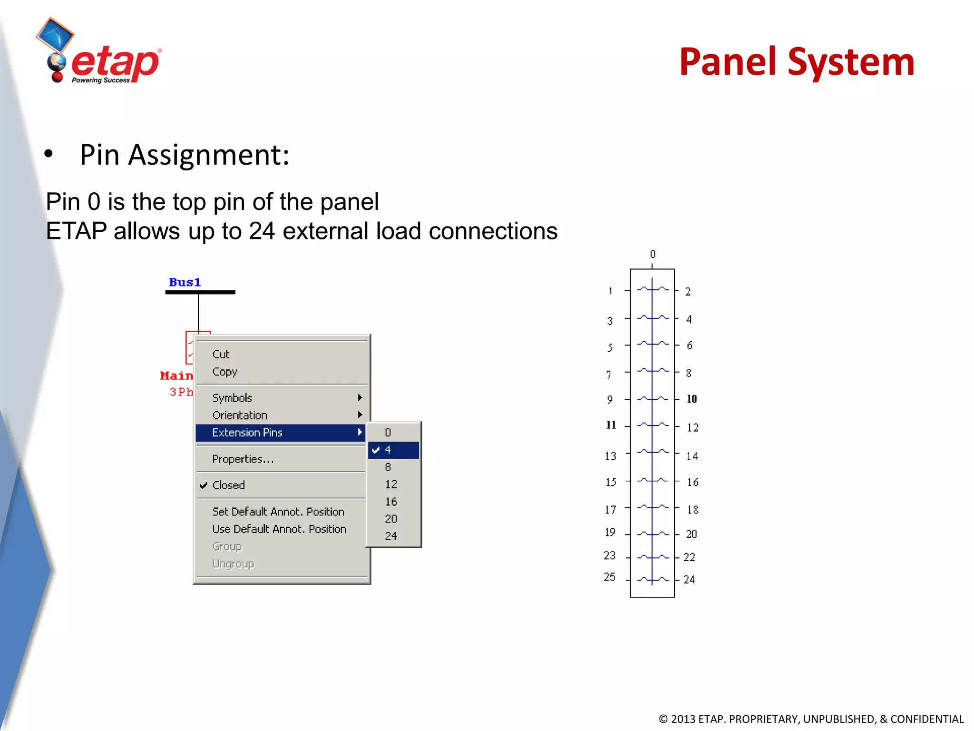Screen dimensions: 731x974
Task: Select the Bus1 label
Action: [185, 282]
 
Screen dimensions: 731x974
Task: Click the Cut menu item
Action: [221, 354]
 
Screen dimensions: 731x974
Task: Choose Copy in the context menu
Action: [225, 372]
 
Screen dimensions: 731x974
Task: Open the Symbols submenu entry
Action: [233, 398]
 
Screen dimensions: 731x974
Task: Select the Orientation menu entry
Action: [240, 415]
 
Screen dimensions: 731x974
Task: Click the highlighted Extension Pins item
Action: [247, 433]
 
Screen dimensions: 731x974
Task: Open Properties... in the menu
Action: [243, 459]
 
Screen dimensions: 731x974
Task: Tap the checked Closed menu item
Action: [229, 485]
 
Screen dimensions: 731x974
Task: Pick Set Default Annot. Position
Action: [278, 512]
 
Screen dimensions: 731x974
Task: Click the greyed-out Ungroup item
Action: [234, 564]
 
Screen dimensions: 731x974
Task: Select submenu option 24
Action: [391, 536]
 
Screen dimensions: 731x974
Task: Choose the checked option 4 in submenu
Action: [388, 450]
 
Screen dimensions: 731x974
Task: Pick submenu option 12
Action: [391, 484]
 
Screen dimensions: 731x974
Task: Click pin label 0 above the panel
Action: [653, 254]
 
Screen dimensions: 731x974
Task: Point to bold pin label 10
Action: [692, 399]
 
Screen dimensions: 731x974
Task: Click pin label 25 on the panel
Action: [610, 577]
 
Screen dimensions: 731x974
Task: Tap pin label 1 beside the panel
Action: [611, 291]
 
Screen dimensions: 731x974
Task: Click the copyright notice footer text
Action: [811, 719]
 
